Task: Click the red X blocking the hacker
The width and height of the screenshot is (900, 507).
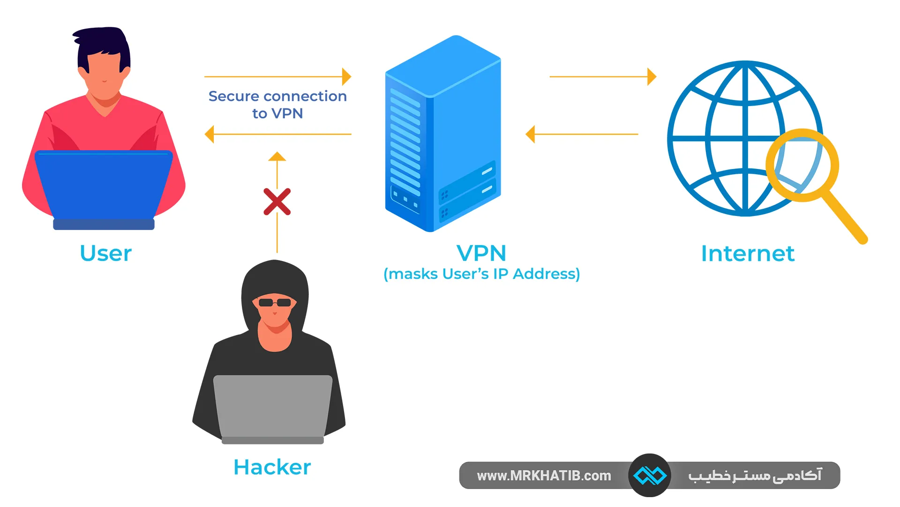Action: [277, 202]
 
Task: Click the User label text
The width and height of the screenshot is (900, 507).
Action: [106, 253]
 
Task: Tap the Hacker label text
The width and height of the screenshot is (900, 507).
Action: [272, 467]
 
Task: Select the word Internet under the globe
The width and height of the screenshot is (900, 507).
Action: [748, 253]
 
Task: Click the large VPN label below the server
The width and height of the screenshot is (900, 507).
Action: [481, 253]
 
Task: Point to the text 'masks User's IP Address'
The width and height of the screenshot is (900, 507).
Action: [481, 274]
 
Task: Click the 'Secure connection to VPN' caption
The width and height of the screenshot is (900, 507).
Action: [277, 104]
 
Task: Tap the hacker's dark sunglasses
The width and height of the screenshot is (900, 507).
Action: [275, 302]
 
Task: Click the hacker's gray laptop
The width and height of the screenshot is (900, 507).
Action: [273, 406]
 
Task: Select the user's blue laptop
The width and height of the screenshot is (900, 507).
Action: [104, 185]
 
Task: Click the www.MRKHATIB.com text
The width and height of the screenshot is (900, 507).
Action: [544, 476]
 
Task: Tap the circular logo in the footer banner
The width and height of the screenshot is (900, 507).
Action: [650, 476]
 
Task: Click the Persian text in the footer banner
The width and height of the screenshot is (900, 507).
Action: [755, 476]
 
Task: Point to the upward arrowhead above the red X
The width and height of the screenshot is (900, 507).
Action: [277, 157]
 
